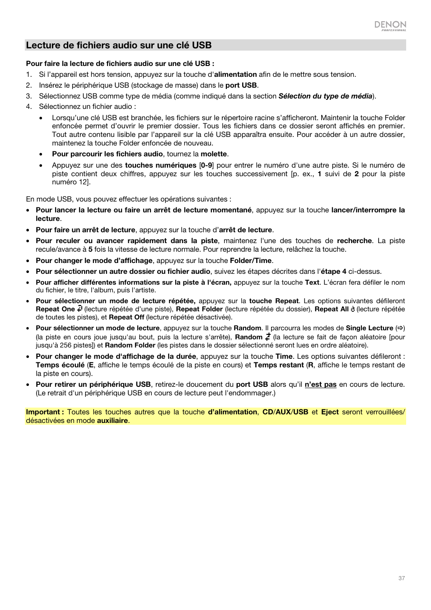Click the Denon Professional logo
coord(390,26)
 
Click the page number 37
coord(401,578)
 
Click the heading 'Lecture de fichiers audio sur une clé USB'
coord(119,45)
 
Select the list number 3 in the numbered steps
coord(28,96)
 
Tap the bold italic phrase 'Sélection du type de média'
coord(325,96)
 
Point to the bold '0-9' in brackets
coord(206,165)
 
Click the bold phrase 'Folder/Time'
coord(251,261)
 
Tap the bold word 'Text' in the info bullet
coord(312,282)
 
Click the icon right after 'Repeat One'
coord(80,309)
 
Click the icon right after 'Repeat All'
coord(353,310)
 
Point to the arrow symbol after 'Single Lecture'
coord(400,328)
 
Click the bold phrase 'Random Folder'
coord(130,345)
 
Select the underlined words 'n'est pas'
coord(320,385)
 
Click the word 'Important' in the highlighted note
coord(43,412)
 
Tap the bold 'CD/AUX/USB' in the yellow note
coord(285,412)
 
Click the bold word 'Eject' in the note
coord(330,412)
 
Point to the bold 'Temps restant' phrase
coord(278,365)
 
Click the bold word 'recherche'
coord(354,241)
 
